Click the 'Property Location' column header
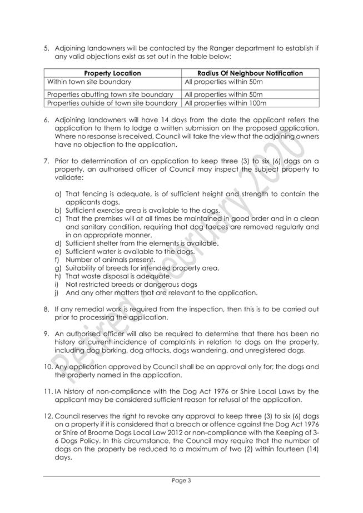pos(112,73)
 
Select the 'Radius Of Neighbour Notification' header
pos(251,73)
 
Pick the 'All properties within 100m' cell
pos(226,103)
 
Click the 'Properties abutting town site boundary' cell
pos(111,94)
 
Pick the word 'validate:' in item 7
pos(68,177)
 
